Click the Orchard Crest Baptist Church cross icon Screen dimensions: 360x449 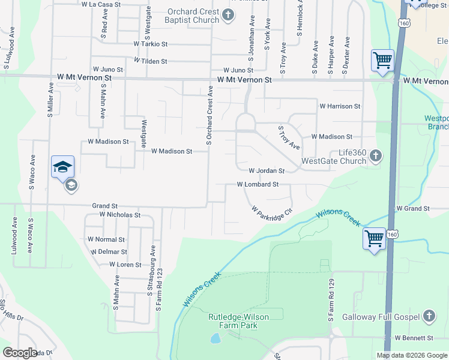tap(228, 15)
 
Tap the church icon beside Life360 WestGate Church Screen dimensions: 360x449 tap(375, 156)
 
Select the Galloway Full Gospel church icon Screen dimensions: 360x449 tap(429, 316)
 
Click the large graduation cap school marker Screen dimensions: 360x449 tap(62, 167)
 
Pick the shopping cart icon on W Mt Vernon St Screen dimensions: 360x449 tap(382, 60)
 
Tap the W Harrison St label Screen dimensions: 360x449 tap(340, 106)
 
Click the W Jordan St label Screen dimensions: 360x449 tap(266, 171)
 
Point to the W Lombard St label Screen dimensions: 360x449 tap(258, 185)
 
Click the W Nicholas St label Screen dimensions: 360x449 tap(120, 214)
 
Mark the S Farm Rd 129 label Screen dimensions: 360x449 tap(330, 300)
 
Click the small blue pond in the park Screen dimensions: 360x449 tap(215, 339)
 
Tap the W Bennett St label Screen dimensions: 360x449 tap(414, 338)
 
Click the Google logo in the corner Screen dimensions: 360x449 tap(20, 353)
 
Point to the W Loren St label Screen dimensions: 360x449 tap(125, 265)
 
